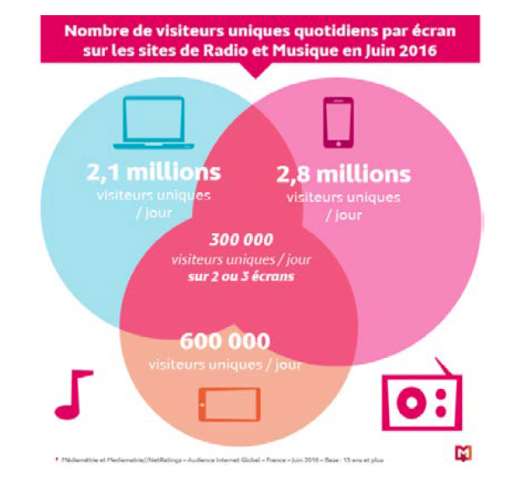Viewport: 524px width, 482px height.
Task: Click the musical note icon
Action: pyautogui.click(x=73, y=394)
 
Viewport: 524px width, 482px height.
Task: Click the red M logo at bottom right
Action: pyautogui.click(x=462, y=453)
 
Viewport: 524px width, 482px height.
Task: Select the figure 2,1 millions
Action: pyautogui.click(x=153, y=173)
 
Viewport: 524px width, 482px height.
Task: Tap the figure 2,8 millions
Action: pyautogui.click(x=344, y=174)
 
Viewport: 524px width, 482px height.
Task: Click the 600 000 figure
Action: pyautogui.click(x=225, y=343)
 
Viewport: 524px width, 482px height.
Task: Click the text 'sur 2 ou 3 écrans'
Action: pyautogui.click(x=241, y=274)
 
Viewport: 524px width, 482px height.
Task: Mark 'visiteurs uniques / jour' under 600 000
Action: pyautogui.click(x=225, y=364)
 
